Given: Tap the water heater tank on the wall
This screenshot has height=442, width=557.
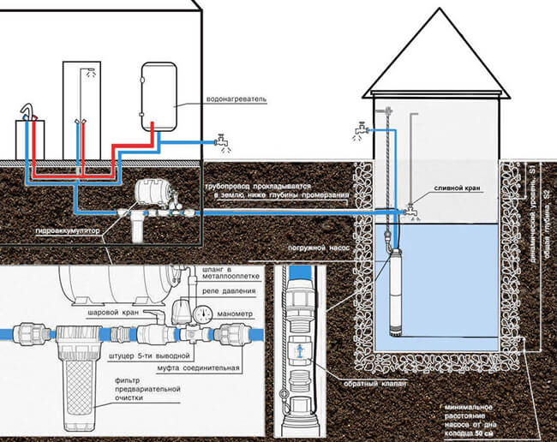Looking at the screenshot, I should pos(160,87).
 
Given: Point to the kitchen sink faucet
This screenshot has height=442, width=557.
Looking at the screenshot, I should pos(28,110).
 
